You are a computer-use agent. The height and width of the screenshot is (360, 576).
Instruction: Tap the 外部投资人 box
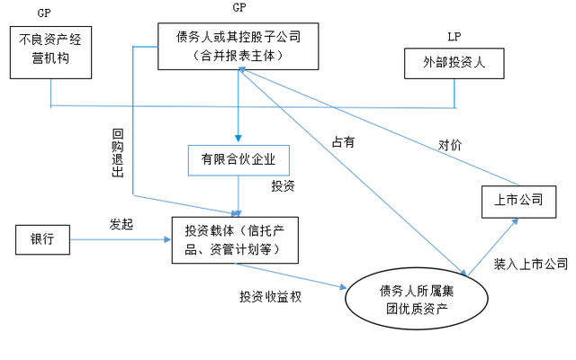pos(453,64)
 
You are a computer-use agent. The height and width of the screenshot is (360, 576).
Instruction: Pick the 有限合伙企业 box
pos(238,160)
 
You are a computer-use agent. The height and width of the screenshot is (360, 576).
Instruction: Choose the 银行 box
pos(42,240)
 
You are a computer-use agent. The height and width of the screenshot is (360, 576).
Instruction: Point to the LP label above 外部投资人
pos(454,36)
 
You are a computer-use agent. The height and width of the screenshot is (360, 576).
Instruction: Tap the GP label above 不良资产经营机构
pos(44,14)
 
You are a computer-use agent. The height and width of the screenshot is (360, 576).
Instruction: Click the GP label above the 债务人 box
pos(238,8)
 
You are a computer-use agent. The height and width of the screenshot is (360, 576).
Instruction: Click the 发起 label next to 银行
pos(121,224)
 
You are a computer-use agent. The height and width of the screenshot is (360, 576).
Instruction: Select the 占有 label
pos(343,140)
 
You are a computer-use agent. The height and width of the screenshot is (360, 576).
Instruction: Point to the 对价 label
pos(450,144)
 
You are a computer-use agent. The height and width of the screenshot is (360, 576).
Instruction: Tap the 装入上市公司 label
pos(530,264)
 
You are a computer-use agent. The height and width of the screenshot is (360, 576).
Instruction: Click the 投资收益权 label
pos(270,296)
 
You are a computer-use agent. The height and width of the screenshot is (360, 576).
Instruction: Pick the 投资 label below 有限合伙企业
pos(283,186)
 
